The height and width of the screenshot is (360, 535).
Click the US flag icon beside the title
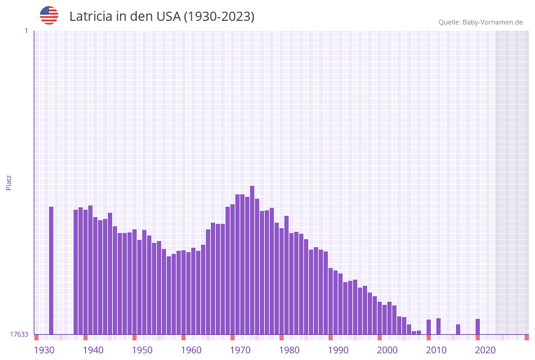49,15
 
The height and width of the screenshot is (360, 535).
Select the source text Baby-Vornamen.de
493,22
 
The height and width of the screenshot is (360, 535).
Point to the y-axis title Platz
9,182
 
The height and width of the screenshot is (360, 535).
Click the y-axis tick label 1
26,31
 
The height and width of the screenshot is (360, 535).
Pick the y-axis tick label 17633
18,334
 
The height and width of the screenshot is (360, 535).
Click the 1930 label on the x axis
44,350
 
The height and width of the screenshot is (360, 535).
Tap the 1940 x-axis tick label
93,350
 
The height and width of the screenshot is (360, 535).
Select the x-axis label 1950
142,350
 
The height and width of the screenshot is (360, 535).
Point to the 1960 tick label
191,350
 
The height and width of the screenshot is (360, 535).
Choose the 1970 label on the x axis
240,350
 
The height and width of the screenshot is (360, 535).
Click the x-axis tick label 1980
289,350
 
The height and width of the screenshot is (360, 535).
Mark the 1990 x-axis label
338,350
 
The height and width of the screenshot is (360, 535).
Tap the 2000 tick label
387,350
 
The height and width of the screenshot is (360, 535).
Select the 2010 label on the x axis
436,350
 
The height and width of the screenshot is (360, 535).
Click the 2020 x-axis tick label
485,350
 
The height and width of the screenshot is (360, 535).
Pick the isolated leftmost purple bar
51,270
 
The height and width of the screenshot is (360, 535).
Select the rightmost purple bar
477,326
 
